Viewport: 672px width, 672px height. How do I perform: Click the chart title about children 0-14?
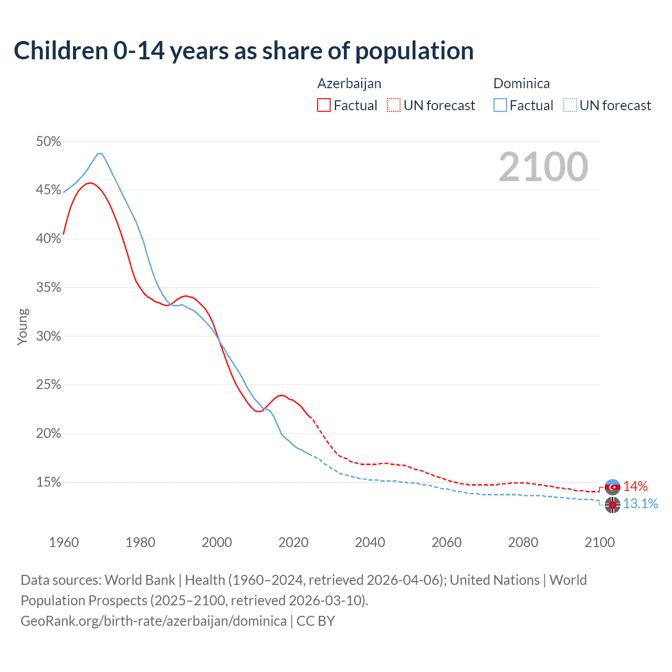click(x=244, y=51)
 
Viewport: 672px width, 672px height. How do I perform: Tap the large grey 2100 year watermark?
click(x=543, y=167)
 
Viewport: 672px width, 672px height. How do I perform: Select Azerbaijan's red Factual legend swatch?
click(x=324, y=106)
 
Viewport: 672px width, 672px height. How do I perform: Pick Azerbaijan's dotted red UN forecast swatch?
click(x=394, y=106)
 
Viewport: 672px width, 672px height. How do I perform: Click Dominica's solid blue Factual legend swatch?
click(x=500, y=106)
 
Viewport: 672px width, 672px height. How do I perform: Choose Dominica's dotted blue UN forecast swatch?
click(x=570, y=106)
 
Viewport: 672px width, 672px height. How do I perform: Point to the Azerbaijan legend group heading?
click(x=349, y=83)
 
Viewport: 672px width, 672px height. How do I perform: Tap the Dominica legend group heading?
click(x=521, y=83)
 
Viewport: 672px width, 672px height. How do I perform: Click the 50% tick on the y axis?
click(x=48, y=141)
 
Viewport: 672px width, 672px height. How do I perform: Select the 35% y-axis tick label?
click(x=48, y=287)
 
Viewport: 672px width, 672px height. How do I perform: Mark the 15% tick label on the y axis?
click(x=48, y=482)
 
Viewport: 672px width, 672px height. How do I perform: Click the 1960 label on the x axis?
click(x=64, y=542)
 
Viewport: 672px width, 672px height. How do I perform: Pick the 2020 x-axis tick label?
click(x=293, y=542)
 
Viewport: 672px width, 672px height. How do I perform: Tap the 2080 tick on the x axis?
click(x=523, y=542)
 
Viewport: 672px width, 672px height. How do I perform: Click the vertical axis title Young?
click(x=22, y=327)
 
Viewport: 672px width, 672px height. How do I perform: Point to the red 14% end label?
click(x=635, y=487)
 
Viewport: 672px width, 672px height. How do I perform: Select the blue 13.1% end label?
click(x=640, y=504)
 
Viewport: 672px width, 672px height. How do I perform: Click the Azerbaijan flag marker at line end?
click(x=612, y=487)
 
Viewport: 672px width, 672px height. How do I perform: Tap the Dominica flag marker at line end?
click(x=612, y=505)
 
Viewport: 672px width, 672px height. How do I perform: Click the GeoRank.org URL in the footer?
click(x=153, y=621)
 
